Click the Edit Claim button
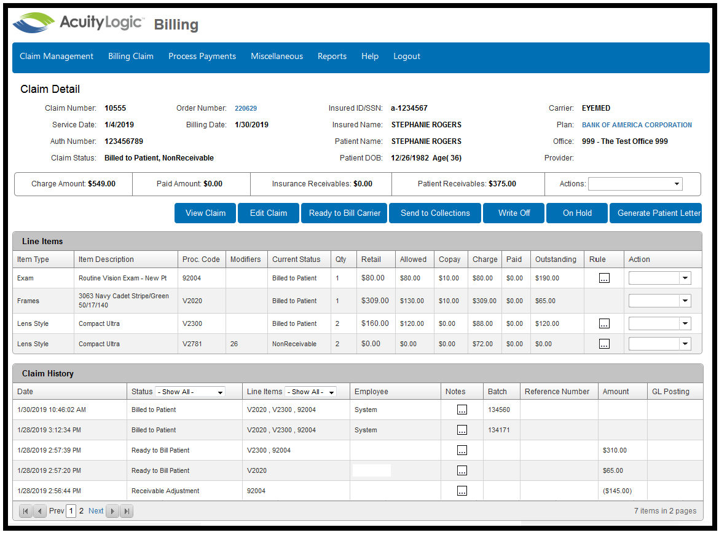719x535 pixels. [x=269, y=213]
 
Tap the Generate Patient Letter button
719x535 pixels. [x=656, y=213]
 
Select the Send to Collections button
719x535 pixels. [x=435, y=213]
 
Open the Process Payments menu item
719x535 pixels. [x=202, y=56]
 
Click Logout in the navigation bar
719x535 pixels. [x=407, y=56]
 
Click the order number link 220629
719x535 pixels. [x=246, y=108]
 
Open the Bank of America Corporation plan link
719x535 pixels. [x=637, y=125]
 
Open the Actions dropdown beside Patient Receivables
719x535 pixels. [x=635, y=184]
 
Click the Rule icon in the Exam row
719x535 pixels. [x=604, y=278]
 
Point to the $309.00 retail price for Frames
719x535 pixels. [x=375, y=301]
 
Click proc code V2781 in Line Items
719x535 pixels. [x=192, y=344]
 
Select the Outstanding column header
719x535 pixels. [x=556, y=260]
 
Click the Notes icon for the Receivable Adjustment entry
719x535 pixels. [x=462, y=491]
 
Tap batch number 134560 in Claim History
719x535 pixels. [x=499, y=410]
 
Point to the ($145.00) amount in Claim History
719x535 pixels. [x=617, y=491]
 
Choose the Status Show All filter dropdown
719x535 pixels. [x=191, y=392]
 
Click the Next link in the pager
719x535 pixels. [x=96, y=510]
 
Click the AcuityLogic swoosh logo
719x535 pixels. [x=33, y=22]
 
